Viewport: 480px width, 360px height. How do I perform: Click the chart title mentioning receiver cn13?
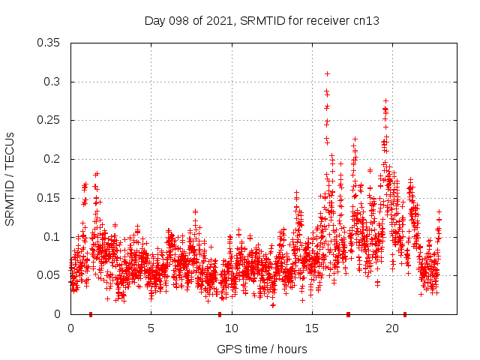(x=262, y=20)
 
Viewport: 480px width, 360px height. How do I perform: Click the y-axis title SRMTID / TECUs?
(x=10, y=178)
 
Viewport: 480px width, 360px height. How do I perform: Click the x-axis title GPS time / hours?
(x=262, y=349)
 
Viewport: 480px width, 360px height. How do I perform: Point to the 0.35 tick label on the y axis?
(x=49, y=43)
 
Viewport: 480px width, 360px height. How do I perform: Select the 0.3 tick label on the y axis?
(x=53, y=82)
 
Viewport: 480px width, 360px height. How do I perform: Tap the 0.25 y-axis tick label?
(x=49, y=120)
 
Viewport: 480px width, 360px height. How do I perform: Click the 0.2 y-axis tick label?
(x=53, y=159)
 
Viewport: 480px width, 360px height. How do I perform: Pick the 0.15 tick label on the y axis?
(x=49, y=198)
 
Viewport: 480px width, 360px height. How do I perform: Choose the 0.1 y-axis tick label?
(x=53, y=237)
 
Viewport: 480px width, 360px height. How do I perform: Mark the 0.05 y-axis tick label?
(x=49, y=275)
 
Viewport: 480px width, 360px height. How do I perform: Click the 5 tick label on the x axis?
(x=151, y=328)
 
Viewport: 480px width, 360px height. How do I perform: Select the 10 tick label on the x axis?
(x=232, y=328)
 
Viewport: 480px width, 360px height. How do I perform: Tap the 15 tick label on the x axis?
(x=312, y=328)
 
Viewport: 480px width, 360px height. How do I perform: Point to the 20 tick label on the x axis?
(x=392, y=328)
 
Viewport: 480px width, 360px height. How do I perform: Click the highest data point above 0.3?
(x=327, y=73)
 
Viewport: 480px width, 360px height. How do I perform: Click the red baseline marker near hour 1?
(x=91, y=314)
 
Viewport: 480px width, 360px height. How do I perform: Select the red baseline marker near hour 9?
(x=220, y=314)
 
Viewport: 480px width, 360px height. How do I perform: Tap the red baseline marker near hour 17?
(x=348, y=314)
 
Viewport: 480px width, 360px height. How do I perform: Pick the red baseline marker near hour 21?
(x=405, y=314)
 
